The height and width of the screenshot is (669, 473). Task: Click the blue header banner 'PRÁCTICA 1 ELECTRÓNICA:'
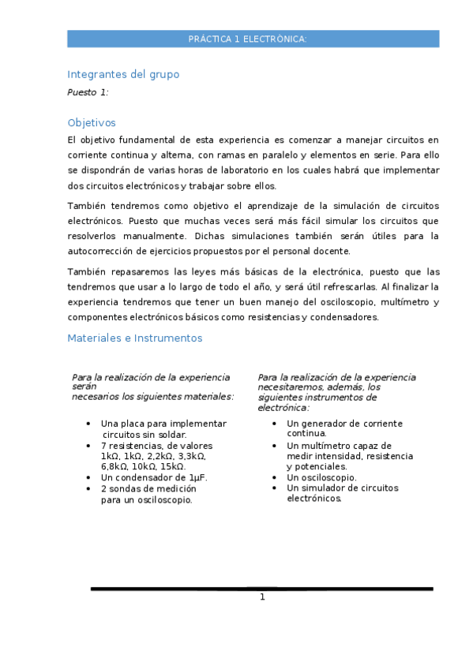coord(253,39)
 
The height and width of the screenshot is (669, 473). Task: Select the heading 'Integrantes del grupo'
coord(123,74)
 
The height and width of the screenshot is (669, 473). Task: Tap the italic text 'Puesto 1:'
coord(88,92)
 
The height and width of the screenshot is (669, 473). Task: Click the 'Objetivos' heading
coord(92,122)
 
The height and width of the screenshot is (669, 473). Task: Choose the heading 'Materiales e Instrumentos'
coord(135,338)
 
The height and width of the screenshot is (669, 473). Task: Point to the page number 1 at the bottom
coord(262,597)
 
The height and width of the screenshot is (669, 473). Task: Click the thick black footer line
coord(261,589)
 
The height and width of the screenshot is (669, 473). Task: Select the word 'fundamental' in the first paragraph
coord(148,140)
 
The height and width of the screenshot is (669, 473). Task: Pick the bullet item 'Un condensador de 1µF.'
coord(155,478)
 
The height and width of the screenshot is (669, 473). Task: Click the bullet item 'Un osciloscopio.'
coord(321,477)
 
